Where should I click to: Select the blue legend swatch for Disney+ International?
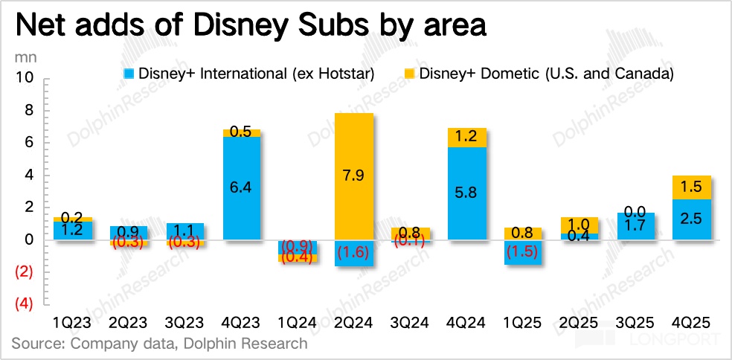127,74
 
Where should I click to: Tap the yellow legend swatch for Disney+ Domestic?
408,74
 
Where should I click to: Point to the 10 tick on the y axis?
25,78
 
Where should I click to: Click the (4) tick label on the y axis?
25,304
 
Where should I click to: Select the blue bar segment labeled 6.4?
242,188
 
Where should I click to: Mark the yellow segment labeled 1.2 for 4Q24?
467,138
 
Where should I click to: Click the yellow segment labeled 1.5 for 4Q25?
693,187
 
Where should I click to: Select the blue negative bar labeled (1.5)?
524,252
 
